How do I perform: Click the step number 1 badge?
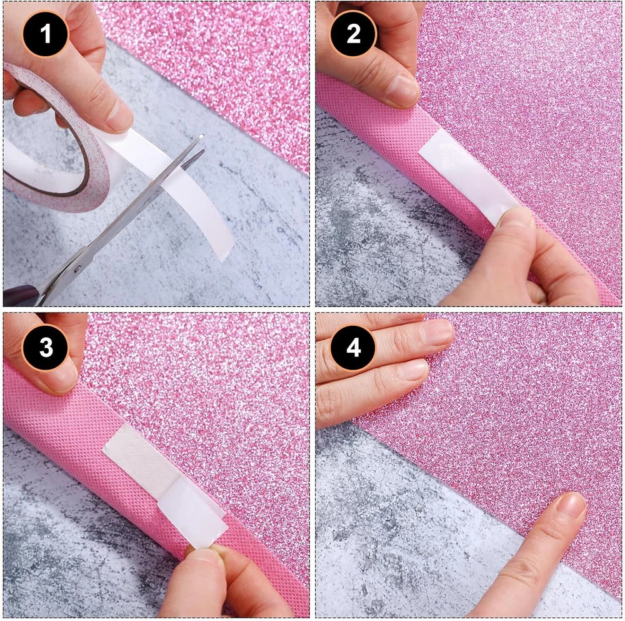pyautogui.click(x=46, y=34)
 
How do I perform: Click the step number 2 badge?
pyautogui.click(x=353, y=34)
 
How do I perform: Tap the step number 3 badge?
pyautogui.click(x=46, y=347)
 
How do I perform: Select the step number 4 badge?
pyautogui.click(x=353, y=347)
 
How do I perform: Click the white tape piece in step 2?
pyautogui.click(x=468, y=175)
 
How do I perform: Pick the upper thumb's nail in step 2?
pyautogui.click(x=402, y=90)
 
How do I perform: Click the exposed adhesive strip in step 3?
pyautogui.click(x=139, y=457)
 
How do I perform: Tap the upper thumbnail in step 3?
pyautogui.click(x=64, y=375)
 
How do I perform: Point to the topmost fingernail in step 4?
pyautogui.click(x=437, y=333)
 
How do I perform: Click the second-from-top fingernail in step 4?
pyautogui.click(x=414, y=369)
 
